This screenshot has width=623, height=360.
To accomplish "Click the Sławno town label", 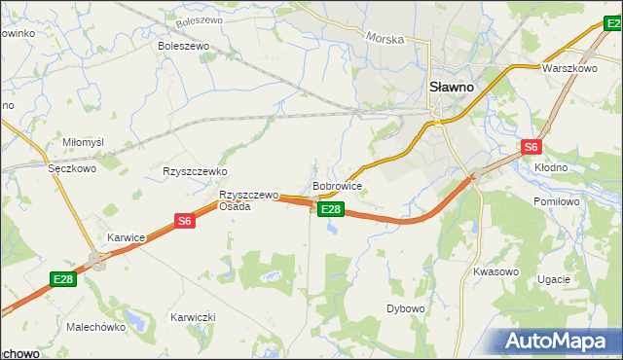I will [452, 87].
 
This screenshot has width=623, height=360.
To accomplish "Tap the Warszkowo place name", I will [568, 69].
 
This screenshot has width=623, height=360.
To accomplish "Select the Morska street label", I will [385, 38].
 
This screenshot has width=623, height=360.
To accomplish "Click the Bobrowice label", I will [338, 185].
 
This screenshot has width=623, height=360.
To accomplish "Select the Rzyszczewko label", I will [195, 170].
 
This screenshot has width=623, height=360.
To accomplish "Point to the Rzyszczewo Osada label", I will [248, 200].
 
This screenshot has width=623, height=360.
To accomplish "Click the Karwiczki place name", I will [192, 317].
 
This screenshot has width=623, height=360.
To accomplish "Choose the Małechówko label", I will [94, 327].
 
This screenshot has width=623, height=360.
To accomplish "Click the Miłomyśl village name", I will [83, 142].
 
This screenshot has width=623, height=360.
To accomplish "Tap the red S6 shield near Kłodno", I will [531, 147].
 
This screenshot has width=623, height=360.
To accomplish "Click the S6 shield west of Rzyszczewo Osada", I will [185, 221].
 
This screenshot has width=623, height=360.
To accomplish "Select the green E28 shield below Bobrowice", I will [331, 209].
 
